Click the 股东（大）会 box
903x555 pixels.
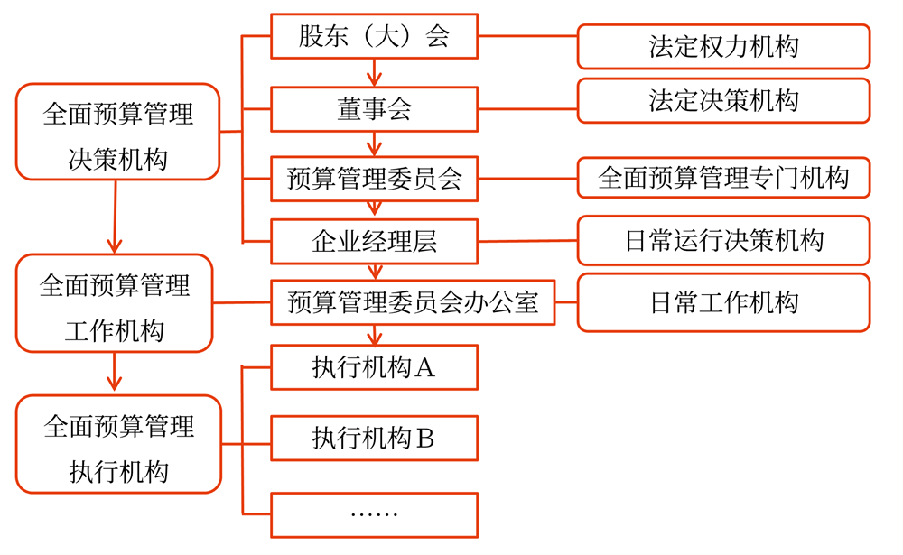pyautogui.click(x=374, y=37)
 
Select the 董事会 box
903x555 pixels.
pyautogui.click(x=374, y=109)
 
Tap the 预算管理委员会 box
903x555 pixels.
pyautogui.click(x=374, y=179)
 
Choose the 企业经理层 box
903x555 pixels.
pyautogui.click(x=374, y=241)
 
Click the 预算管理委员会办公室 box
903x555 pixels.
pyautogui.click(x=412, y=302)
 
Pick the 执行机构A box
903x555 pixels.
pyautogui.click(x=374, y=367)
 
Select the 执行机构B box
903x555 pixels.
pyautogui.click(x=374, y=439)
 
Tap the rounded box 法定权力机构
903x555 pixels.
pyautogui.click(x=723, y=47)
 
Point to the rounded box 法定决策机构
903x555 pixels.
pyautogui.click(x=723, y=100)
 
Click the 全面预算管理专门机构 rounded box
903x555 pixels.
pyautogui.click(x=723, y=178)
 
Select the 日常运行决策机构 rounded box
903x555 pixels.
pyautogui.click(x=723, y=240)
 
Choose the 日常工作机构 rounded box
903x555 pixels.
pyautogui.click(x=723, y=302)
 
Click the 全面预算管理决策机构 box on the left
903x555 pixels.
pyautogui.click(x=118, y=132)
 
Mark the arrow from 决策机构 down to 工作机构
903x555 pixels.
pyautogui.click(x=115, y=217)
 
